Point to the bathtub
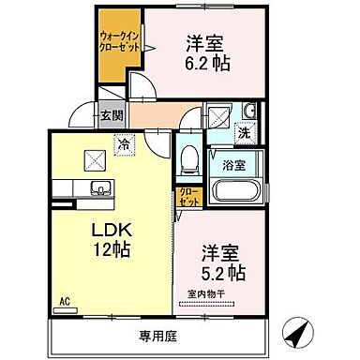pyautogui.click(x=234, y=192)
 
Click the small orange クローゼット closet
pyautogui.click(x=188, y=197)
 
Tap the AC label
pyautogui.click(x=66, y=303)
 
